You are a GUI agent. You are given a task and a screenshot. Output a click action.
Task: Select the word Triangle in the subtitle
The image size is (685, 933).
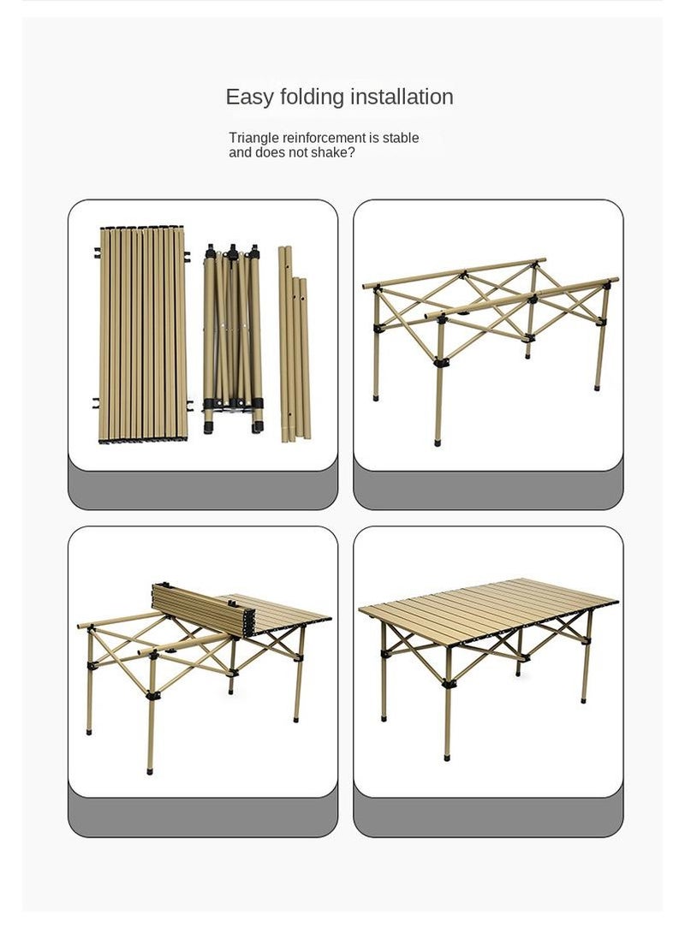click(254, 138)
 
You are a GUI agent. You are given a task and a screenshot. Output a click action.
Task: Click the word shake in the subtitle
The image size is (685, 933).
click(329, 152)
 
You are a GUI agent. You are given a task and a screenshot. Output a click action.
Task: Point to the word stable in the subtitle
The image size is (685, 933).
click(401, 138)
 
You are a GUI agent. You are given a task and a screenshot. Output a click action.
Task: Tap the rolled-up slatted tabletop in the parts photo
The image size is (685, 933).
click(142, 334)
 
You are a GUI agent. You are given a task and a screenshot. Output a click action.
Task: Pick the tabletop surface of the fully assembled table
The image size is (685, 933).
click(488, 603)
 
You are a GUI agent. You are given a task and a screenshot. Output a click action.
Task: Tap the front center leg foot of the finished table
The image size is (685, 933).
click(447, 756)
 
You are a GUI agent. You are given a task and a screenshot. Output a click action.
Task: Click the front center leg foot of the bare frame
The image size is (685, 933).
click(438, 443)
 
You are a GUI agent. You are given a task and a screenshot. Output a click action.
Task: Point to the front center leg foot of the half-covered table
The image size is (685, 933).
click(152, 770)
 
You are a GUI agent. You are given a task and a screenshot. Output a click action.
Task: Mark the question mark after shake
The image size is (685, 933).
click(351, 152)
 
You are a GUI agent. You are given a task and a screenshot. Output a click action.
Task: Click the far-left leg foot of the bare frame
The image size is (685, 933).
click(376, 397)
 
